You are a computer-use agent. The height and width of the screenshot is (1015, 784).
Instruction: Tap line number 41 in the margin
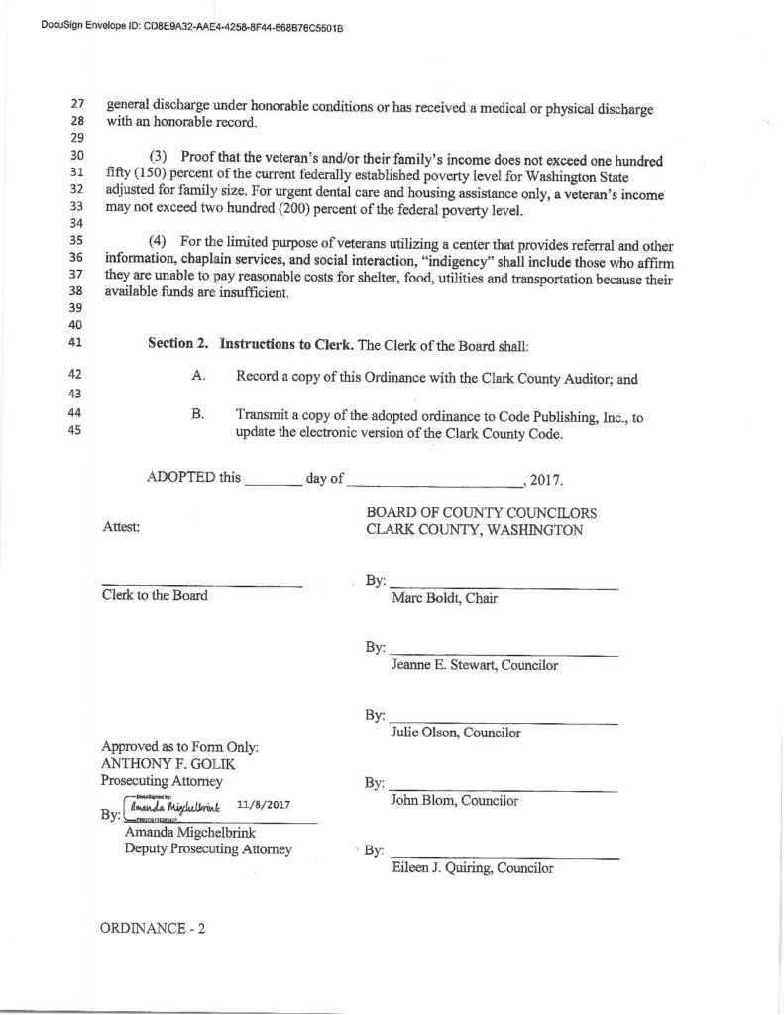click(x=79, y=345)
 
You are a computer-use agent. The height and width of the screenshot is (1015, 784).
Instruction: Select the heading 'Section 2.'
click(x=178, y=345)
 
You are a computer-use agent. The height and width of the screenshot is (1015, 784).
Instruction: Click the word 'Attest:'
click(x=121, y=528)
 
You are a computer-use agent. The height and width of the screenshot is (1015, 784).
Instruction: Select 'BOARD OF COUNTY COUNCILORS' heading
click(x=481, y=513)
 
